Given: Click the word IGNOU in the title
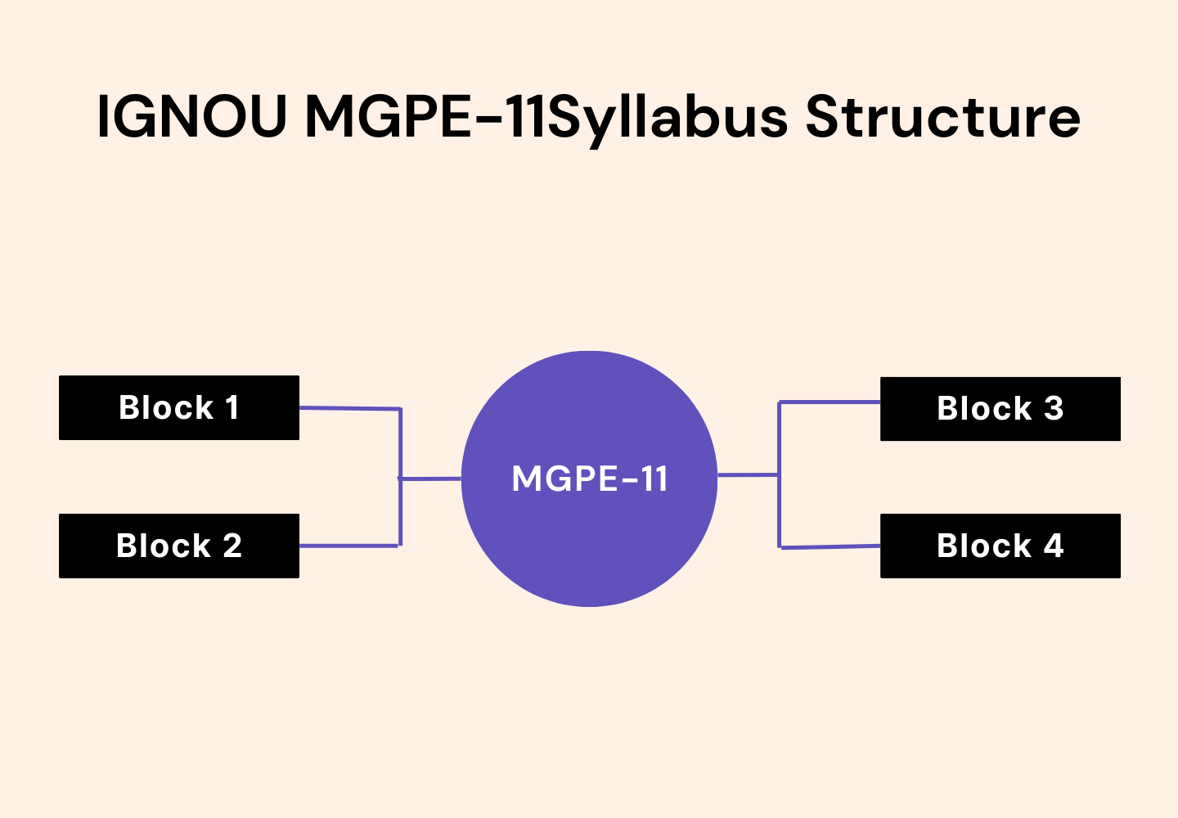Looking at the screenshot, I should (192, 117).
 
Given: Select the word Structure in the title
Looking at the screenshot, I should (943, 117).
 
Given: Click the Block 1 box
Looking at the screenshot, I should (179, 407).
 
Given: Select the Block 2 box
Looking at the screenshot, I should (179, 546).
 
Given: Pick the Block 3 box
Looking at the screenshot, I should (1000, 408).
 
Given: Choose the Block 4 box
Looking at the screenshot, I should (1000, 546).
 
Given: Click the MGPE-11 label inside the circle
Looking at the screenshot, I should (589, 479).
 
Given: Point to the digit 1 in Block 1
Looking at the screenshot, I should (232, 407).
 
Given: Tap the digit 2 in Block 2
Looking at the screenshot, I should (232, 546).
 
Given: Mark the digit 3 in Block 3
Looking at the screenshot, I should (1054, 408).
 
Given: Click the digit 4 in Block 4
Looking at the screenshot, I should (1054, 546).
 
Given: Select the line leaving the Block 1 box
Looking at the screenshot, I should (349, 408).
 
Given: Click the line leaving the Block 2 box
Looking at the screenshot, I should (349, 546).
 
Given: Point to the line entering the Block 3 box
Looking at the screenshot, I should (830, 402).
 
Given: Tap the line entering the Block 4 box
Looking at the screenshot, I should (830, 547).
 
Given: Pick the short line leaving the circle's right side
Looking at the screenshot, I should (748, 474).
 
